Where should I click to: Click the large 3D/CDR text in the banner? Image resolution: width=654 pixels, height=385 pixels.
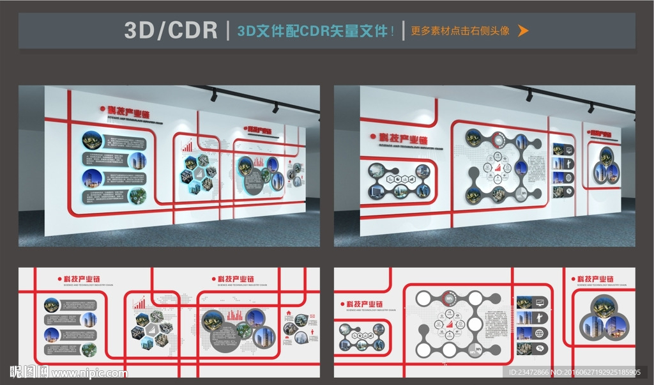(171, 30)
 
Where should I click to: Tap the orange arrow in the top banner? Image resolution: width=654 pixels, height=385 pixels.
(523, 30)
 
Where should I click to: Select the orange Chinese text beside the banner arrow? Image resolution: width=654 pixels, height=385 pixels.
(460, 30)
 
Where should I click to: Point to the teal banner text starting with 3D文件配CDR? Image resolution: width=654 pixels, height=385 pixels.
(316, 30)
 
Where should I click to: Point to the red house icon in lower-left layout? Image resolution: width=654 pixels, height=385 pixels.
(289, 313)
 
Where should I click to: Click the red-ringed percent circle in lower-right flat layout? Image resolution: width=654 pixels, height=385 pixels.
(450, 297)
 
